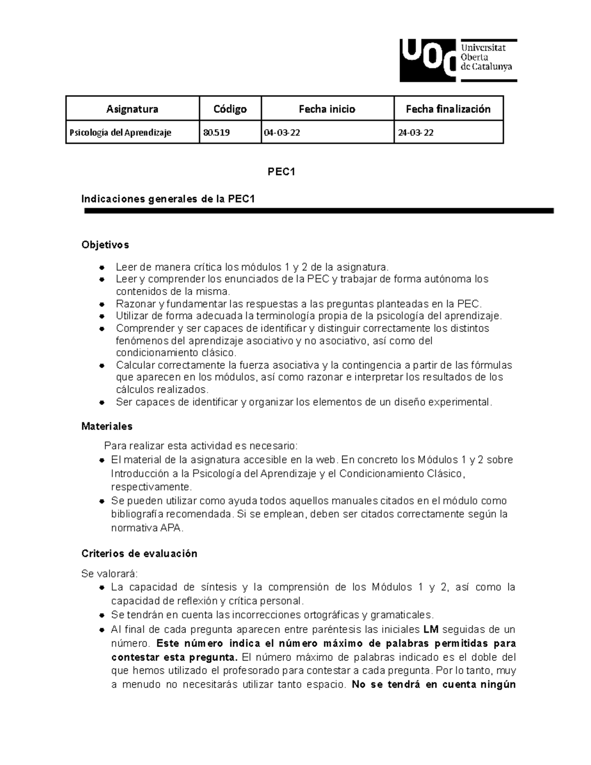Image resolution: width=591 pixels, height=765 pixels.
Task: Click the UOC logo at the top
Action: click(x=458, y=60)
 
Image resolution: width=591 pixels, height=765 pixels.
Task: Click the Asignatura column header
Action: click(x=132, y=109)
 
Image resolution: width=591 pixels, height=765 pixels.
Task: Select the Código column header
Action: click(x=230, y=109)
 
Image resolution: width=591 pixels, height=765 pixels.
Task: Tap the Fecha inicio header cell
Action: click(x=327, y=109)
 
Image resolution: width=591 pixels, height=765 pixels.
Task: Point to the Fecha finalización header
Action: click(x=448, y=109)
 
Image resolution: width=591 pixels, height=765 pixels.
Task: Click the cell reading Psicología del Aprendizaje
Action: click(x=120, y=133)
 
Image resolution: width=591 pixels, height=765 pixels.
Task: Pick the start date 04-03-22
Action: click(x=282, y=133)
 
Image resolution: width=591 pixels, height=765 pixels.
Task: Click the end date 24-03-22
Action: click(x=416, y=133)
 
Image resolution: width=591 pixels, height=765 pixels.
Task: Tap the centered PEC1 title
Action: click(x=281, y=172)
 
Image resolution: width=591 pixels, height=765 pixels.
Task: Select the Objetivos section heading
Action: click(x=105, y=245)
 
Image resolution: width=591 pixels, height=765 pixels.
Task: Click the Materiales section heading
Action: click(x=107, y=426)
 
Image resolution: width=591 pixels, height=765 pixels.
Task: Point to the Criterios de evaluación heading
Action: click(x=139, y=554)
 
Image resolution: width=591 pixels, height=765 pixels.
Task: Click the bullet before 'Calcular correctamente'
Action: click(x=101, y=366)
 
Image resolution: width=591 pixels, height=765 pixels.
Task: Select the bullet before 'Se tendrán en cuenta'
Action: click(x=101, y=615)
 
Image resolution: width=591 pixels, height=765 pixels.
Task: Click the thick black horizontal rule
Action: click(x=319, y=211)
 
